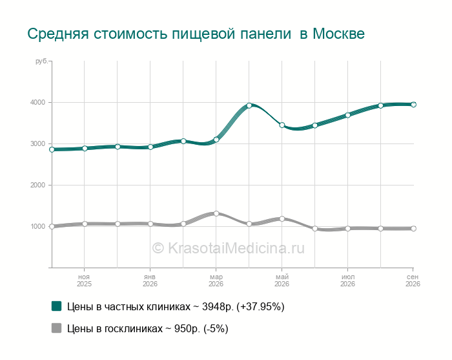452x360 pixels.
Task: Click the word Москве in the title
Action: [339, 34]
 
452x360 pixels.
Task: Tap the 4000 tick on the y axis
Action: [37, 102]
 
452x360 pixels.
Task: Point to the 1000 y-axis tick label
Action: [37, 226]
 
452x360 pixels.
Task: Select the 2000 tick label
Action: [37, 185]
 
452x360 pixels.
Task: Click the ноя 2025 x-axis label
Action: [84, 281]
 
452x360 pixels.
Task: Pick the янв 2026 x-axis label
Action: [150, 281]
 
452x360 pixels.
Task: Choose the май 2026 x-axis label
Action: [282, 281]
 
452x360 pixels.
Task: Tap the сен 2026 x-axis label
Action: [413, 281]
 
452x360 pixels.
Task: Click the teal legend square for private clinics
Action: [57, 306]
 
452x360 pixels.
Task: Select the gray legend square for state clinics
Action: [57, 328]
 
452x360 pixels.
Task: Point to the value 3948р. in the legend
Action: [218, 306]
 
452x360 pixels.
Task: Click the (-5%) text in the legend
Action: [216, 328]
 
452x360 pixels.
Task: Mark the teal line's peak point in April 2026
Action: [249, 105]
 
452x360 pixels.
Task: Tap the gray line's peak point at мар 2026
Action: [216, 213]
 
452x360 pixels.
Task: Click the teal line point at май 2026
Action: [282, 125]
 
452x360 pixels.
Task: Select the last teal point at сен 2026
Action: [413, 105]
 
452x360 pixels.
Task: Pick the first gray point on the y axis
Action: [52, 226]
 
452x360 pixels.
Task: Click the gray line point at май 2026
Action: [282, 218]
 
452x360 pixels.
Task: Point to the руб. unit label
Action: [41, 61]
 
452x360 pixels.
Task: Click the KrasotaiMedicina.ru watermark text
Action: [228, 248]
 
